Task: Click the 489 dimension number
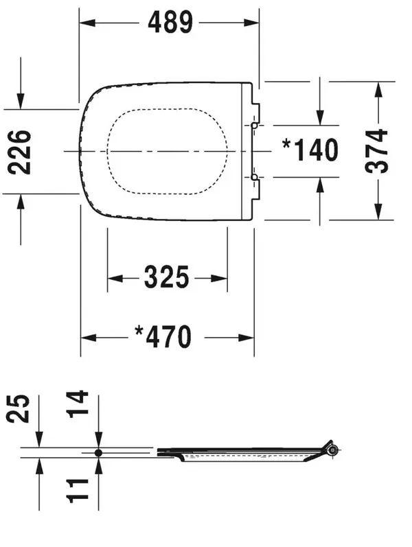click(x=170, y=23)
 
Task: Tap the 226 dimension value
click(x=19, y=152)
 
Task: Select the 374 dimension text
click(x=376, y=151)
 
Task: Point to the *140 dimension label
click(x=310, y=150)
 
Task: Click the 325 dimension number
click(x=166, y=278)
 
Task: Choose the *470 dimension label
click(x=163, y=337)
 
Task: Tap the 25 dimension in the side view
click(x=19, y=409)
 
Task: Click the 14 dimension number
click(x=77, y=405)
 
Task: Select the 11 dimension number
click(x=77, y=491)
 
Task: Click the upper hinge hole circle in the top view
click(x=254, y=125)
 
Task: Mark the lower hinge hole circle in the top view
click(x=254, y=177)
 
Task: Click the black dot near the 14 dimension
click(x=98, y=453)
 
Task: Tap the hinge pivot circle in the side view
click(x=334, y=450)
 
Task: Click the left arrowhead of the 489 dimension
click(x=87, y=23)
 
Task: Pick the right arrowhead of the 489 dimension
click(x=251, y=23)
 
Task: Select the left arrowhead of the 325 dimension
click(x=115, y=279)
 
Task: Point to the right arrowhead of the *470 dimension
click(x=246, y=338)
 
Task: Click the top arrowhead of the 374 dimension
click(x=378, y=90)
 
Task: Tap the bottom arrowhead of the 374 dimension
click(x=378, y=212)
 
